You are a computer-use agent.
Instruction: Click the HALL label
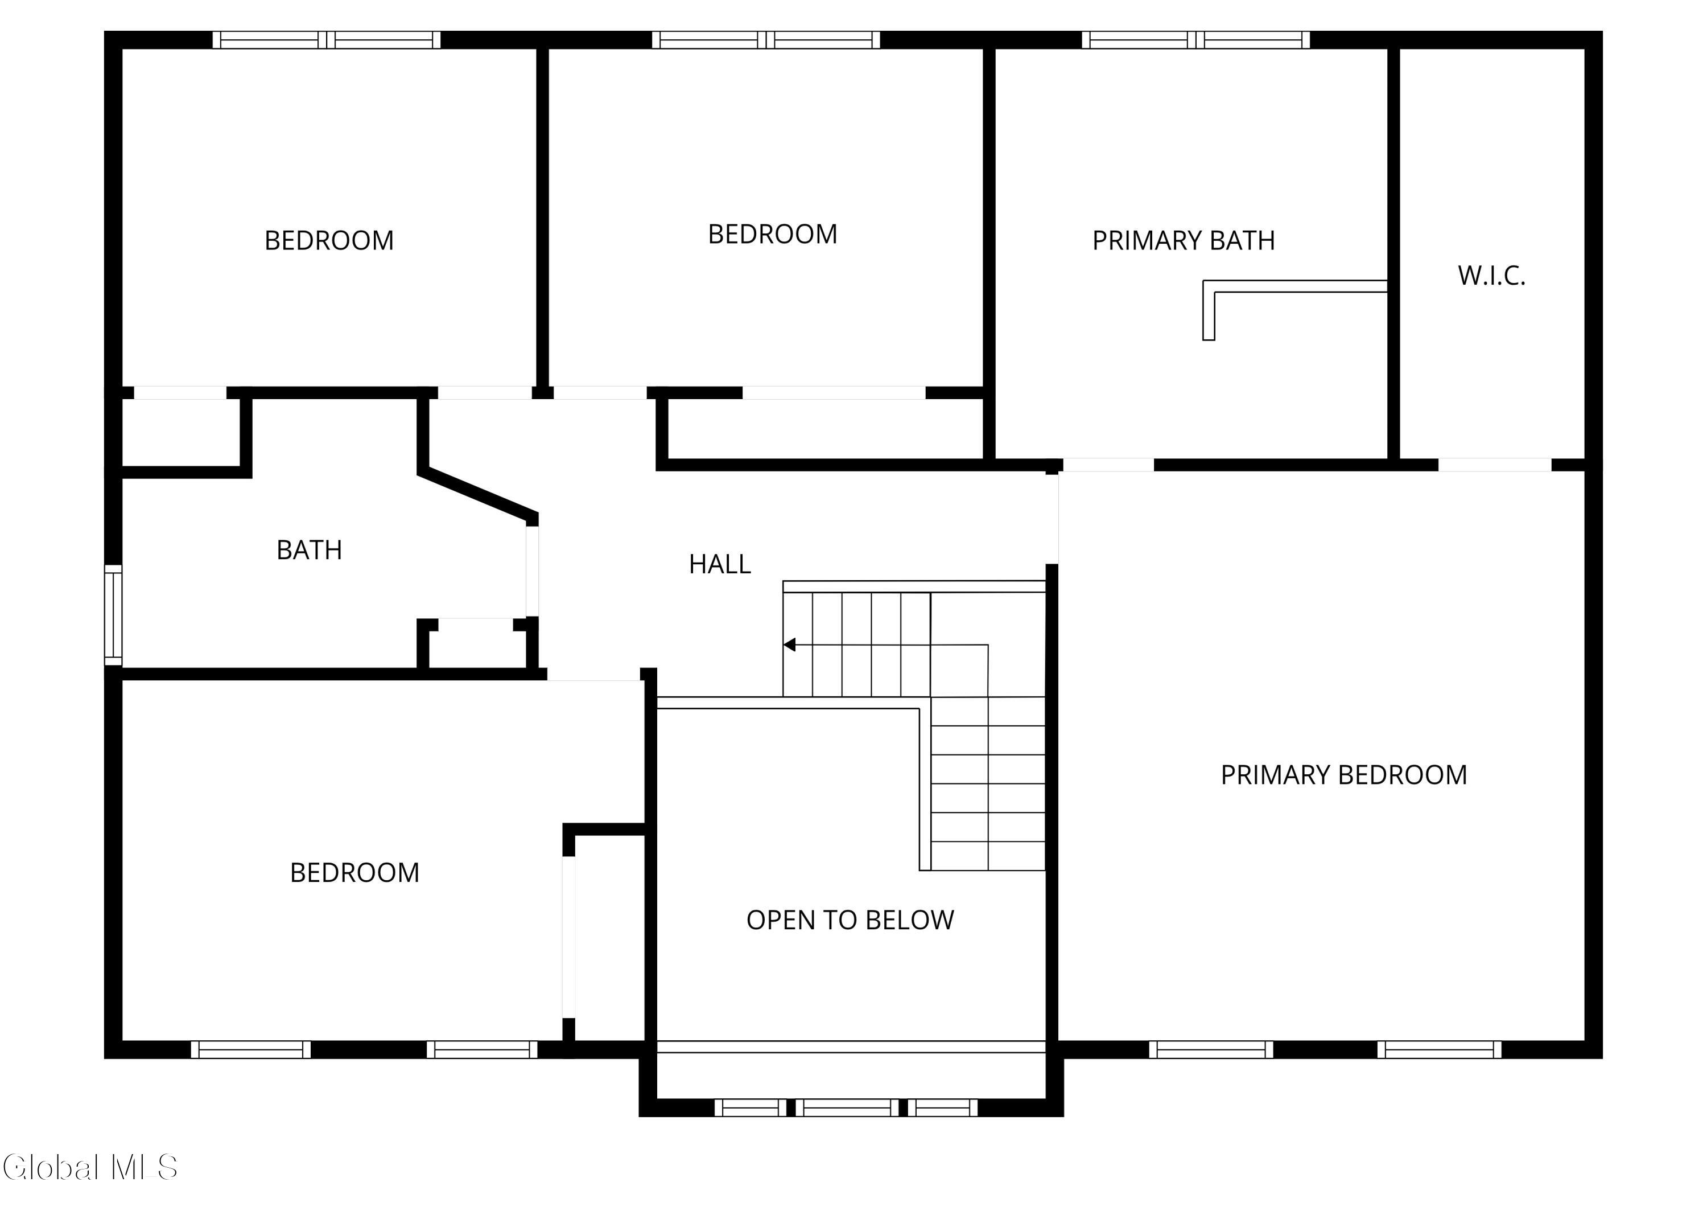720,564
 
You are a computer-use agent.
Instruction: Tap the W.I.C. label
1491,276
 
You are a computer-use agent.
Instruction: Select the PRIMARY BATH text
1183,240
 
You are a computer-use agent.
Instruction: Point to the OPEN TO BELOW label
850,920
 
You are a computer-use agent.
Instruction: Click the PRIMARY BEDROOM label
1343,775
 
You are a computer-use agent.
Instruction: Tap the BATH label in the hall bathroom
310,551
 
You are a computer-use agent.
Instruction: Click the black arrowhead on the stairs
790,645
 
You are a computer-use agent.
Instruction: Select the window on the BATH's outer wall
113,615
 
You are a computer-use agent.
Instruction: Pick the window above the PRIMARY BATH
1196,40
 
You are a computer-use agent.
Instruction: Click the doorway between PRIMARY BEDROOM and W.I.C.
1495,465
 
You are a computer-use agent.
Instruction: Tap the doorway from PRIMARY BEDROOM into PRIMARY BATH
1108,465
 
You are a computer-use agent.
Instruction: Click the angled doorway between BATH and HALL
532,572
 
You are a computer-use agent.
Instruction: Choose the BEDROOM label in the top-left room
329,240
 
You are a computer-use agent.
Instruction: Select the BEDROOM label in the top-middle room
772,234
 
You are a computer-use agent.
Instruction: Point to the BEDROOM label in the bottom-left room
354,872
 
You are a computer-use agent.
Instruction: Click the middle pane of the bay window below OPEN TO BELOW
847,1108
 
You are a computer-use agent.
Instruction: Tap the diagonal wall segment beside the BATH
477,494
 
